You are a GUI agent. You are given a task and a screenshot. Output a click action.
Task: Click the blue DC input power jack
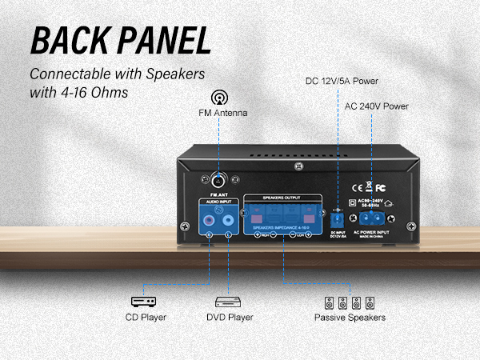click(338, 216)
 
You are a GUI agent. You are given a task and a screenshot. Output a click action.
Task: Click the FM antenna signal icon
click(218, 98)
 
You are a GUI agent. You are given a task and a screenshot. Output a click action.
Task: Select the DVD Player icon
click(228, 302)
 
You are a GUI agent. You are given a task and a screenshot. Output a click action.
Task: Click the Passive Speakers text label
click(350, 318)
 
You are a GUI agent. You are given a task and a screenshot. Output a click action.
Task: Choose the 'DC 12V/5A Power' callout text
click(342, 82)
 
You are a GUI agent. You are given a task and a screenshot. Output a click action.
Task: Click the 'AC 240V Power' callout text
click(378, 106)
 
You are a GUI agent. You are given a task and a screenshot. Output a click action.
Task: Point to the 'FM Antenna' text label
click(223, 114)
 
